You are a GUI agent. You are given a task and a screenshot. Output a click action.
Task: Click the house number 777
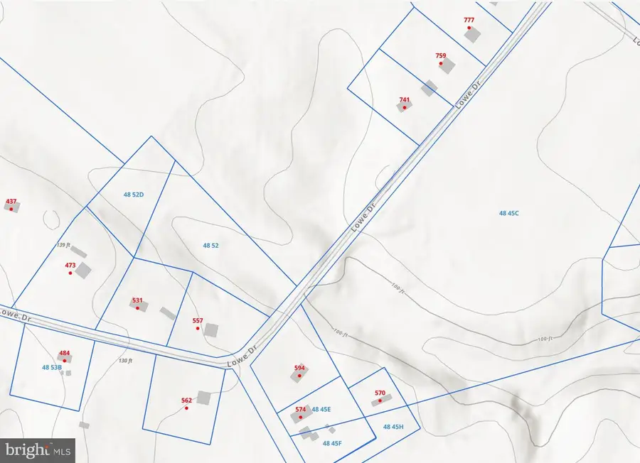[x=469, y=20]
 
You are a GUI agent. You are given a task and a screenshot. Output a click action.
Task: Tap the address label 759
[x=441, y=55]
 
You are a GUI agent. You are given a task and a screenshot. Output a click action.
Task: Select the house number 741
[x=405, y=100]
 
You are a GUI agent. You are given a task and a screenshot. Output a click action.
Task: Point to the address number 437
[x=11, y=202]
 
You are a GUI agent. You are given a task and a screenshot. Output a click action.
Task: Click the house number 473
[x=70, y=266]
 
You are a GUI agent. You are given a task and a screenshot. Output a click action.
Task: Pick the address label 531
[x=137, y=300]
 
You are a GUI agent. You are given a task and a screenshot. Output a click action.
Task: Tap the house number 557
[x=198, y=321]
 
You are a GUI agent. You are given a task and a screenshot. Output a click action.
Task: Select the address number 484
[x=65, y=353]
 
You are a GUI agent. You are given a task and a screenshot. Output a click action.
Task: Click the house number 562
[x=186, y=401]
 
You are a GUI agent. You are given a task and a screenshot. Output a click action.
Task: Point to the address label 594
[x=299, y=368]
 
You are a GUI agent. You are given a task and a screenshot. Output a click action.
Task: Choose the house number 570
[x=380, y=393]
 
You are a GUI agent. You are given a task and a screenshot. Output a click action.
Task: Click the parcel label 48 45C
[x=509, y=212]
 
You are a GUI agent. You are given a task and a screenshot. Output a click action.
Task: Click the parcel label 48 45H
[x=393, y=427]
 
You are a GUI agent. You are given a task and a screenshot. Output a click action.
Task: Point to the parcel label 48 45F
[x=332, y=444]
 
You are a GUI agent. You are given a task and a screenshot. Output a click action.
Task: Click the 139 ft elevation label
[x=63, y=245]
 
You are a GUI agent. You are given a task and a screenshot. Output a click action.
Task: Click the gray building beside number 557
[x=210, y=330]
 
